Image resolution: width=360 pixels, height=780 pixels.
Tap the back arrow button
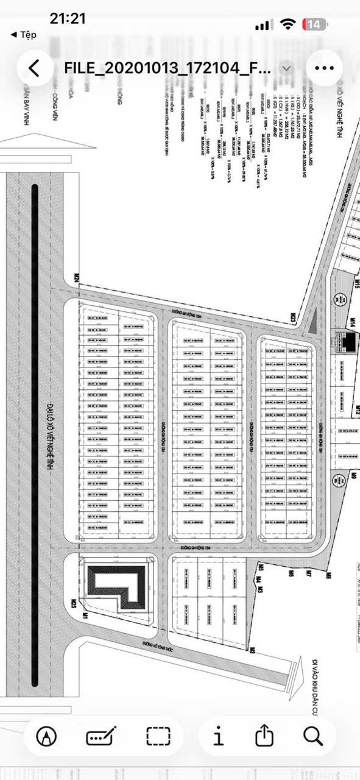click(34, 68)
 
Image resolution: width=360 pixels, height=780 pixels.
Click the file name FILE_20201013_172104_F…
click(168, 68)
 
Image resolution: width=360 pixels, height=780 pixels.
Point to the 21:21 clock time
click(68, 19)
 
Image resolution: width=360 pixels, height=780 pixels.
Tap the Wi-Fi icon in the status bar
click(288, 24)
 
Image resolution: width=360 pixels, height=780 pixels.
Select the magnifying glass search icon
click(312, 737)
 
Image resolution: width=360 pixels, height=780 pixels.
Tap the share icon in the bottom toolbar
click(263, 737)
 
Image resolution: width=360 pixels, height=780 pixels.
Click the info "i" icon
click(218, 737)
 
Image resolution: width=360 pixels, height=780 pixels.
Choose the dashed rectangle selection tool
click(158, 737)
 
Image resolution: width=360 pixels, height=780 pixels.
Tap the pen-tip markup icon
click(47, 737)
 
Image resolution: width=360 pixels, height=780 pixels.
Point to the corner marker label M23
click(293, 317)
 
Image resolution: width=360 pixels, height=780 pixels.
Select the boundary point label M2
click(250, 650)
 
